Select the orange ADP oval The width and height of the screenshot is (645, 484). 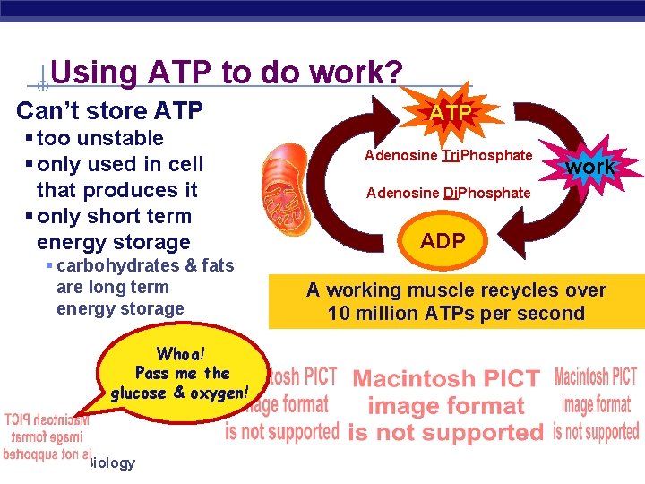(x=443, y=241)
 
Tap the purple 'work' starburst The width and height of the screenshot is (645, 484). (x=590, y=166)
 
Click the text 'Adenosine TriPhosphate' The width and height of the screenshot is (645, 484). (x=448, y=155)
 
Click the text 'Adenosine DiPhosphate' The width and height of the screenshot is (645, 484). (x=448, y=193)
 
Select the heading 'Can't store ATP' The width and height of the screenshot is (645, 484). (x=109, y=112)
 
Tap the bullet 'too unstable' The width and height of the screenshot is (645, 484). (x=100, y=138)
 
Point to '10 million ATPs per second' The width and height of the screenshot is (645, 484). (x=456, y=313)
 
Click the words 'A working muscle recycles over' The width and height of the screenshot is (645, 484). (x=456, y=290)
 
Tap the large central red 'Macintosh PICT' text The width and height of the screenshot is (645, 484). (x=446, y=379)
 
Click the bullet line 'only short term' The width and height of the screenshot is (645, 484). (x=114, y=216)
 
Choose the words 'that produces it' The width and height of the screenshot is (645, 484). (x=116, y=190)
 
